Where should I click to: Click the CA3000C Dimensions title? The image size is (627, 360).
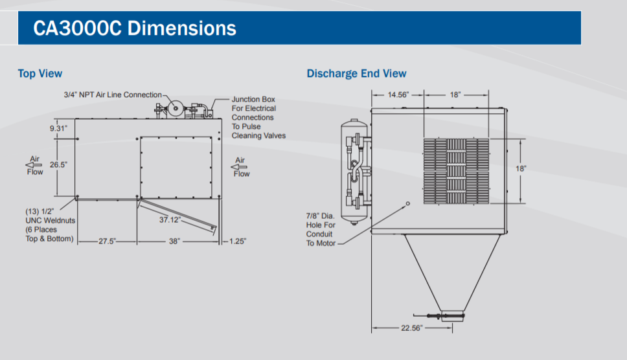[135, 28]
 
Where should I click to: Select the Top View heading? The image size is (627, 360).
[40, 74]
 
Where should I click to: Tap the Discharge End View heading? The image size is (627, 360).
[356, 74]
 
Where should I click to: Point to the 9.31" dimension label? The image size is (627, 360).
[58, 128]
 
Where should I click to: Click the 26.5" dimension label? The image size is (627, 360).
[58, 164]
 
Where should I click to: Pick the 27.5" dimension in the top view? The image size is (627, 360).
[107, 242]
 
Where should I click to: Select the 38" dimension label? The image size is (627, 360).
[174, 242]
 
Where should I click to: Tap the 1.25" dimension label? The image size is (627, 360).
[238, 242]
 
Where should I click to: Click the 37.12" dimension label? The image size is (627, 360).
[170, 219]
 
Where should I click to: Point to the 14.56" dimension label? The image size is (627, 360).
[398, 95]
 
